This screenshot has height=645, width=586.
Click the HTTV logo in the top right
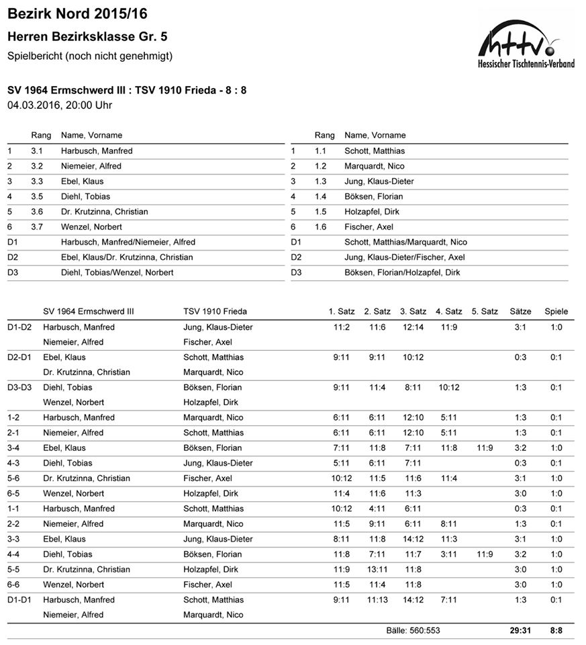point(526,44)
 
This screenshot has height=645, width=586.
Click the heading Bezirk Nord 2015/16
point(77,13)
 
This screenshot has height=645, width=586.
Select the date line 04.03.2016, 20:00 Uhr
point(60,105)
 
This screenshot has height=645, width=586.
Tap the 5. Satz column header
point(485,311)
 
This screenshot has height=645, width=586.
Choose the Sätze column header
point(520,311)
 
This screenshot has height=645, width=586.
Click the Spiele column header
point(556,311)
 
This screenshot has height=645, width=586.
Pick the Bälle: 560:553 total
point(413,630)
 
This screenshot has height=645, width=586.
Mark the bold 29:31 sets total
point(520,630)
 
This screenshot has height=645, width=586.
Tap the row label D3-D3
point(20,388)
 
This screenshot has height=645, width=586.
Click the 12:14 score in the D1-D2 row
point(413,327)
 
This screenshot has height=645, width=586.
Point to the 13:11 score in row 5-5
point(377,570)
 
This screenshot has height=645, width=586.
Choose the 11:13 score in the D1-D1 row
point(377,600)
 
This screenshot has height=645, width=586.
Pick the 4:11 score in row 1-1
point(377,509)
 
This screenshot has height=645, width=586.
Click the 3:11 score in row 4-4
point(448,554)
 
